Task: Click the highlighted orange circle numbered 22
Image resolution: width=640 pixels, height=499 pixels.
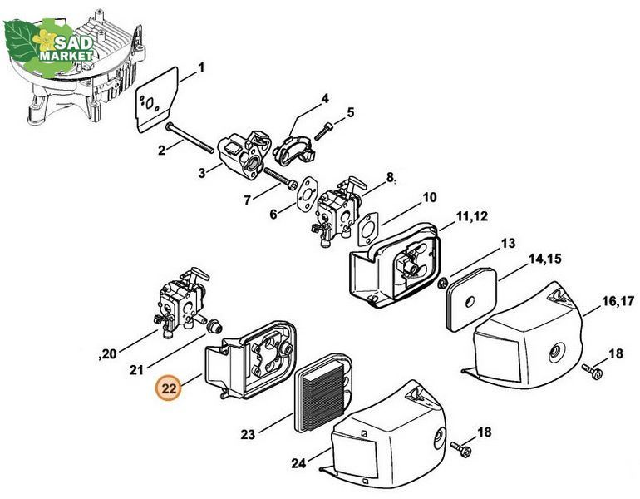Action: point(169,388)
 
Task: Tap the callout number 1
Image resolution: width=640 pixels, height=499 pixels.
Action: point(200,67)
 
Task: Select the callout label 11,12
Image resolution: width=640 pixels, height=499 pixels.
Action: point(471,216)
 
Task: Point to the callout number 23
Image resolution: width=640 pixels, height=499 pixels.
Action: point(248,434)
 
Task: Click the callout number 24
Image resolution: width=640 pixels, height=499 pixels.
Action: point(298,463)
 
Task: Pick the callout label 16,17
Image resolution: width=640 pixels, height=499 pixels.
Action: point(618,301)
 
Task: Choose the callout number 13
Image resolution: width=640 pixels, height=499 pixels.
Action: point(508,244)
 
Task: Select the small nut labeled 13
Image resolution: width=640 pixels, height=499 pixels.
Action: point(441,282)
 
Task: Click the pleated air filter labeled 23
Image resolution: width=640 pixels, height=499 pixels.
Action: point(322,393)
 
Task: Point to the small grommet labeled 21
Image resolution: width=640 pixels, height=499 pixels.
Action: point(214,326)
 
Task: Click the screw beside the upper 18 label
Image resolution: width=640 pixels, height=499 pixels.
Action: point(592,371)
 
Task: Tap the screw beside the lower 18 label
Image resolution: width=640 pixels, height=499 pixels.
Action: point(460,448)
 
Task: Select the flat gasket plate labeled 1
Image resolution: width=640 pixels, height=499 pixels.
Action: point(157,99)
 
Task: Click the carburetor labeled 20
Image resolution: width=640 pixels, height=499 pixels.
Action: point(182,303)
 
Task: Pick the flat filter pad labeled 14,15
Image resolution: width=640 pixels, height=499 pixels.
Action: point(471,299)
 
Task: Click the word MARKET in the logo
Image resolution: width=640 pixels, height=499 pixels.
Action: point(66,55)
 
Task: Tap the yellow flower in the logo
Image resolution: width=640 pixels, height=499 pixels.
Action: point(44,40)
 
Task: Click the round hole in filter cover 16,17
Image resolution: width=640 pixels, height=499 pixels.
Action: point(555,351)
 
